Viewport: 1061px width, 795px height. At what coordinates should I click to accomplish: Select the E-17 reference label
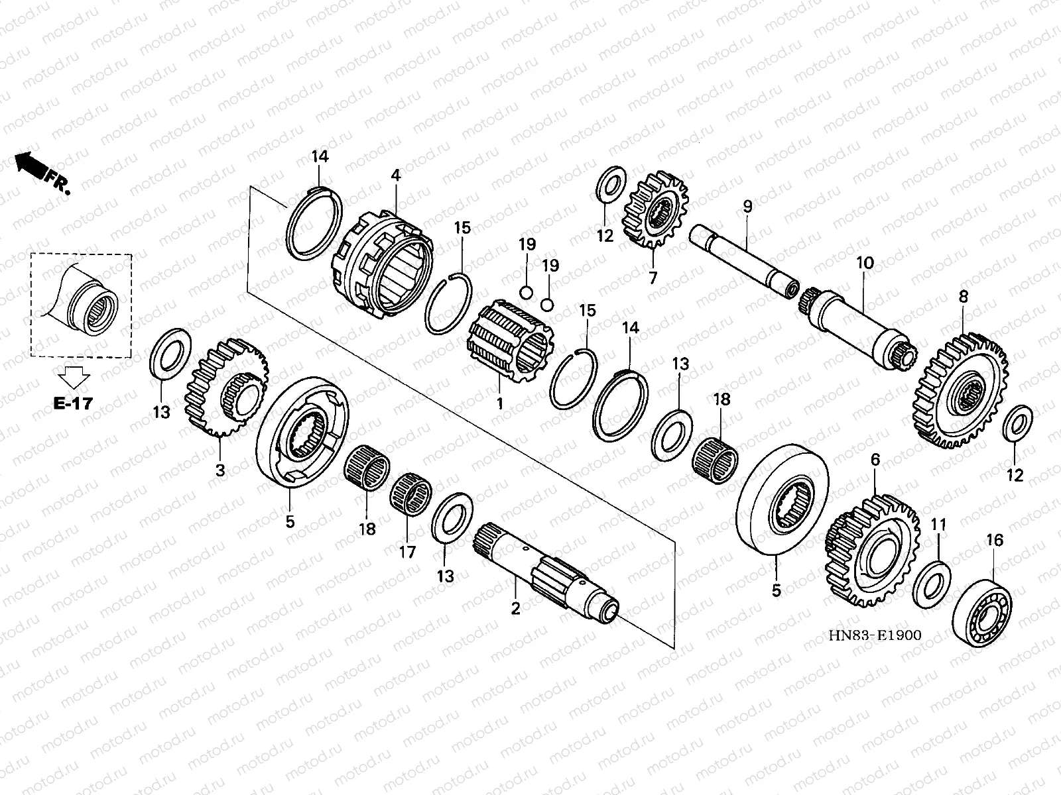point(73,403)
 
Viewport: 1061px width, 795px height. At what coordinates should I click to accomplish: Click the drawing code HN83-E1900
point(875,635)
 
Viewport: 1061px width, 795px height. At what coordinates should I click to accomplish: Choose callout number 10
point(865,264)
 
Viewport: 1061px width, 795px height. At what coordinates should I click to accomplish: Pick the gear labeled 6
point(872,550)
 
